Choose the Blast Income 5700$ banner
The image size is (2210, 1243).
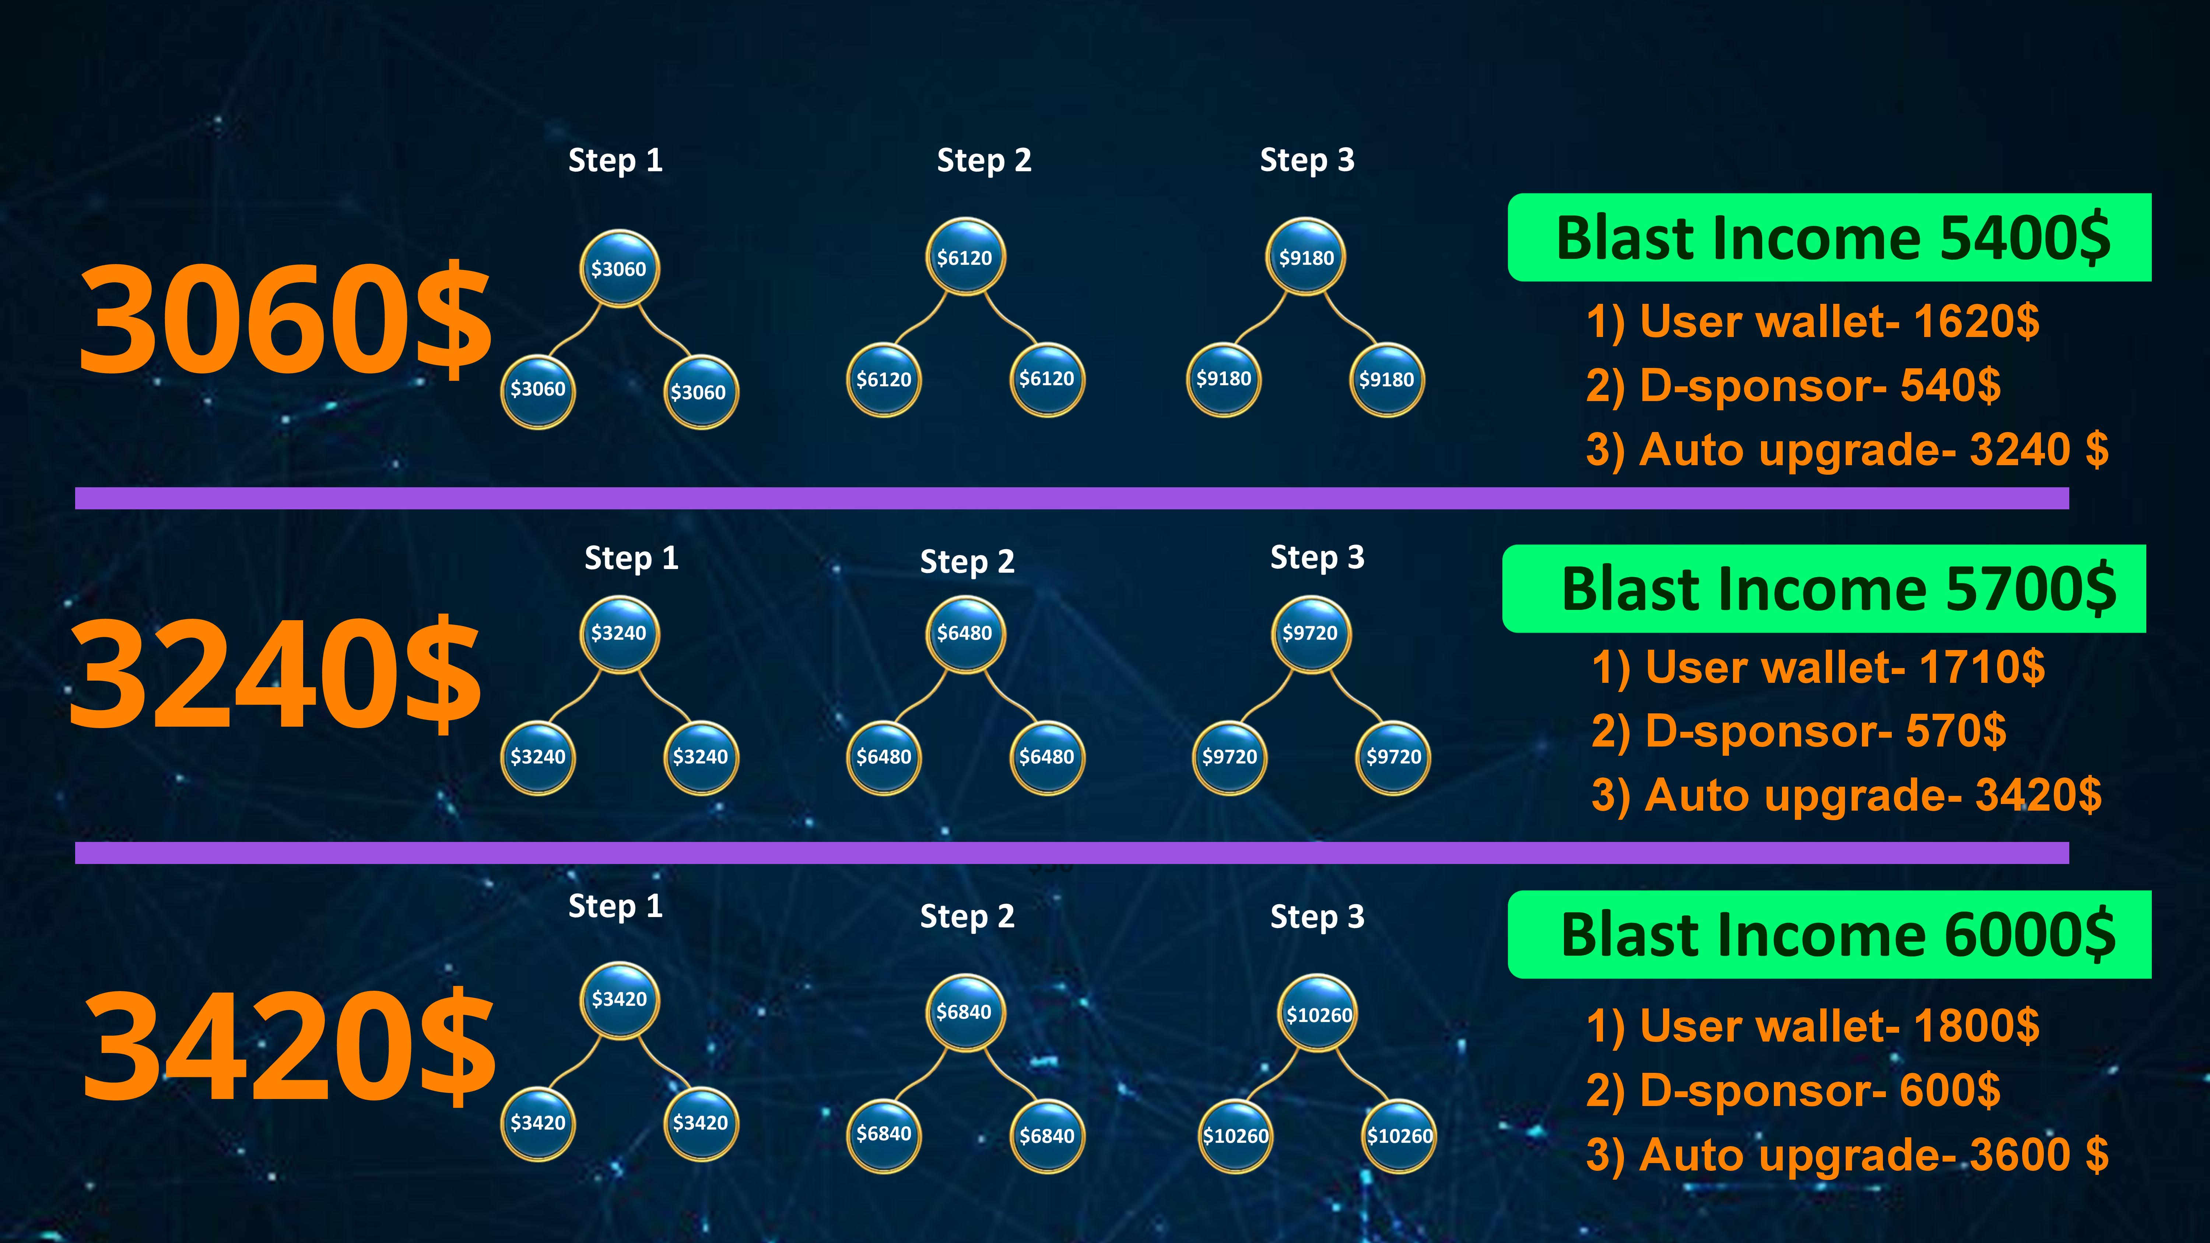(1824, 589)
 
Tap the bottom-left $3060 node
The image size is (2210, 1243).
(538, 390)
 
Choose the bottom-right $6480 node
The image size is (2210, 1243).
(1047, 756)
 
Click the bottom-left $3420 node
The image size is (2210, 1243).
(538, 1123)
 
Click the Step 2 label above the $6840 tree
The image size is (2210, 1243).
(967, 916)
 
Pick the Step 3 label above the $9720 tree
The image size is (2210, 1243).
(1317, 558)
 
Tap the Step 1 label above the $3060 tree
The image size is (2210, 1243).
(615, 161)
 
